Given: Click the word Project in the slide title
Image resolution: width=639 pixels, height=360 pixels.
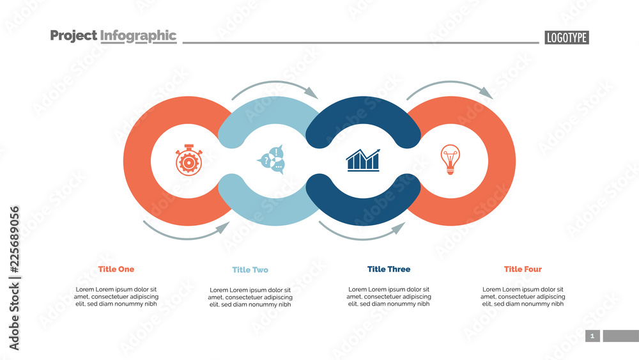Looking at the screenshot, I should click(x=73, y=36).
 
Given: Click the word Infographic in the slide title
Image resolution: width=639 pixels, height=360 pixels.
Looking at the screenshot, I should click(x=138, y=36).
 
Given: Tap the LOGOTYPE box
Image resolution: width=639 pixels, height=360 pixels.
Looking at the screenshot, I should click(x=566, y=38).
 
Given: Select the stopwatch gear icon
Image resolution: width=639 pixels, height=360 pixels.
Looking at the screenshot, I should click(x=189, y=160).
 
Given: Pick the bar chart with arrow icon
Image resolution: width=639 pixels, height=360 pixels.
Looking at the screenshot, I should click(x=362, y=160).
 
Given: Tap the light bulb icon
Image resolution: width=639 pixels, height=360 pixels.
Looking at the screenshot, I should click(x=450, y=159).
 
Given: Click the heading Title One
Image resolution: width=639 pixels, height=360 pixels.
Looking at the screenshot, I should click(x=116, y=269).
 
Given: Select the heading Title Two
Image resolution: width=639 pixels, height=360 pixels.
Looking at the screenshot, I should click(x=250, y=270).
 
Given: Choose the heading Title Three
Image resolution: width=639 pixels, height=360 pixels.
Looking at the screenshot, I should click(x=389, y=269).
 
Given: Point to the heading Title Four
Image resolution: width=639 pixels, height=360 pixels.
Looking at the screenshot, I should click(x=522, y=269).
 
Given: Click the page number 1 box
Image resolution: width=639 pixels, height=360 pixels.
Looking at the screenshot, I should click(x=592, y=336).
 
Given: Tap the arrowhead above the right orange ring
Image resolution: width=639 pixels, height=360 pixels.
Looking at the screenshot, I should click(x=486, y=93).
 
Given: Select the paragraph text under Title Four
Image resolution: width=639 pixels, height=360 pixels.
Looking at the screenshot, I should click(x=523, y=297).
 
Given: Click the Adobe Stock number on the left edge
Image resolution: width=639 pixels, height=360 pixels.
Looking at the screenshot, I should click(x=15, y=278).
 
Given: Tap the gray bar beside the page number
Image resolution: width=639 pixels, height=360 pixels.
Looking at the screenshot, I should click(x=620, y=336).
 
